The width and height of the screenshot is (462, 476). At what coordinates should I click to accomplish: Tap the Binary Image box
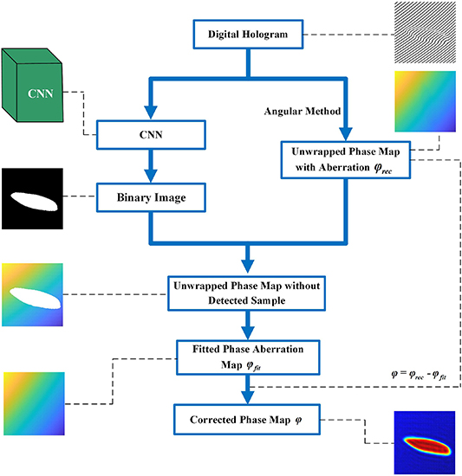(x=152, y=198)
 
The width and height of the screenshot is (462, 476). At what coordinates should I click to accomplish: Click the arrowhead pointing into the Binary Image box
(x=152, y=177)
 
